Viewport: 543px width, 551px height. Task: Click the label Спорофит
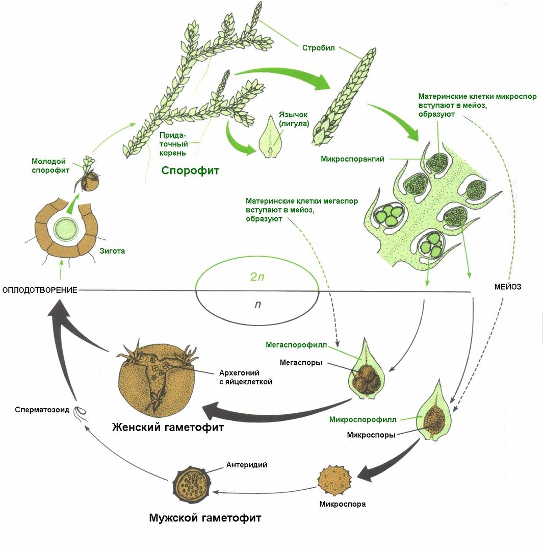[x=190, y=170]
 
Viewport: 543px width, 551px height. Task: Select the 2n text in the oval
[x=257, y=277]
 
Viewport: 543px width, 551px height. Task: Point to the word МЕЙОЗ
[x=507, y=287]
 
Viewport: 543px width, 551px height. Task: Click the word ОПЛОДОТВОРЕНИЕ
[x=40, y=290]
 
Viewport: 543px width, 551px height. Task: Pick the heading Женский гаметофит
[x=168, y=427]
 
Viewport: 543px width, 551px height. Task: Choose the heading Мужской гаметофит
[x=205, y=518]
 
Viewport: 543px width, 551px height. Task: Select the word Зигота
[x=113, y=251]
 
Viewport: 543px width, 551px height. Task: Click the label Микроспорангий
[x=352, y=159]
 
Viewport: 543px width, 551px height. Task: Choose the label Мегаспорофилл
[x=296, y=344]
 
